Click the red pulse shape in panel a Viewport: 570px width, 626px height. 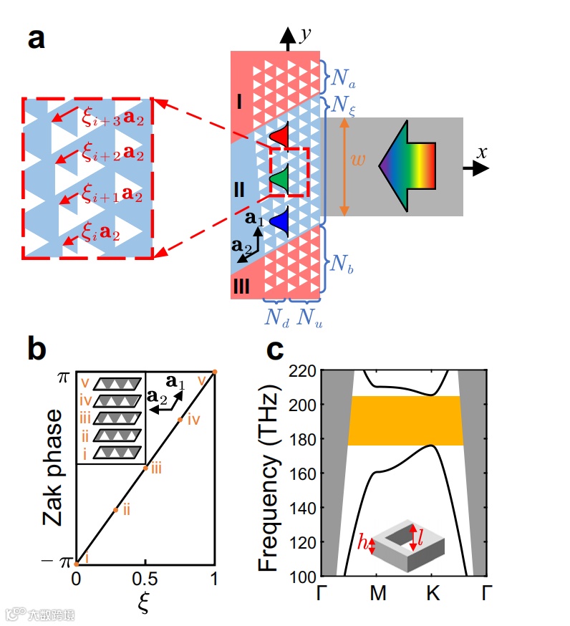tap(279, 135)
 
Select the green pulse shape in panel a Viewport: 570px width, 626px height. tap(280, 177)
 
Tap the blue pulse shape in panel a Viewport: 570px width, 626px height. tap(280, 219)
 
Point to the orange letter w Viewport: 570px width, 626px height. tap(359, 160)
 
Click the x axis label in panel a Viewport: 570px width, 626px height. tap(483, 152)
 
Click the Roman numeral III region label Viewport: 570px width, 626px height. tap(241, 287)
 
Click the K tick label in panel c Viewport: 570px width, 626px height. tap(431, 594)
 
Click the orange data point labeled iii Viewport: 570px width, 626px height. tap(145, 468)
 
